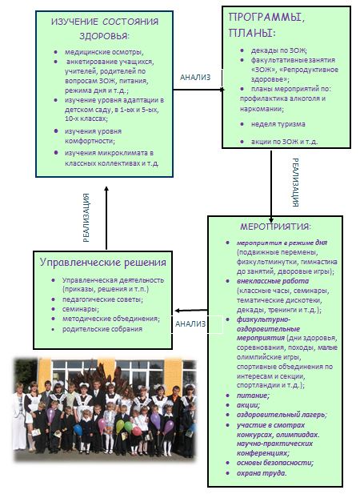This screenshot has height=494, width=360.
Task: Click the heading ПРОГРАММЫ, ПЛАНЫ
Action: [x=266, y=25]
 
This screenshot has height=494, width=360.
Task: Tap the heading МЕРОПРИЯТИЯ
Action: [x=275, y=227]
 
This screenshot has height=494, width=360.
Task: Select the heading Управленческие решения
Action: [x=103, y=263]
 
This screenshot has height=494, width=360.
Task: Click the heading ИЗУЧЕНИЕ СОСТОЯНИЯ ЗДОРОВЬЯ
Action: [x=105, y=29]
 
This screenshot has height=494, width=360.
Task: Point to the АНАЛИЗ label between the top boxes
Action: [x=195, y=78]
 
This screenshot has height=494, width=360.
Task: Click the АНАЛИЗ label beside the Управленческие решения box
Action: [x=190, y=324]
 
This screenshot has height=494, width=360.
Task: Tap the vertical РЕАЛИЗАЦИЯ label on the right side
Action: [x=295, y=183]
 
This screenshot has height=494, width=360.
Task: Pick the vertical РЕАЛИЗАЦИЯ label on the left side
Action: [x=86, y=218]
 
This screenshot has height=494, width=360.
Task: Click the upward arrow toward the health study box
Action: [x=106, y=218]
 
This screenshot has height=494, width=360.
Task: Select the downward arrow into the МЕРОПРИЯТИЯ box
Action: [x=271, y=187]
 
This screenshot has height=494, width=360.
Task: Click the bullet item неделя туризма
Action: [x=278, y=124]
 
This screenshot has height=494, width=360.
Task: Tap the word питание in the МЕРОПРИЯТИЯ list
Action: [x=253, y=396]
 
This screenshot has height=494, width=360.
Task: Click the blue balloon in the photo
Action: [x=78, y=430]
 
